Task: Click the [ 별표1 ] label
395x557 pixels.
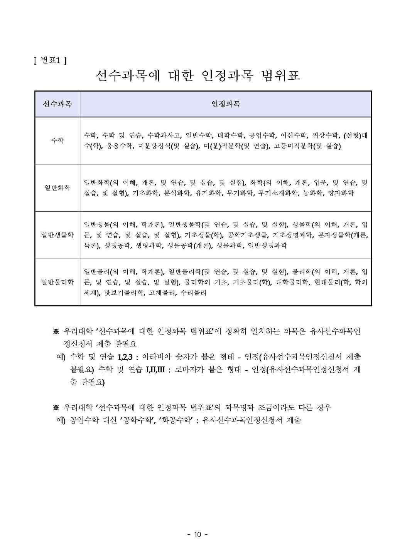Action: pos(50,60)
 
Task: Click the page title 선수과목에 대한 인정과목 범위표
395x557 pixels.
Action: pos(197,76)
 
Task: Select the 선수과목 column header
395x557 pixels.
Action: pos(57,104)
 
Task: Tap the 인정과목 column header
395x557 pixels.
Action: pos(226,104)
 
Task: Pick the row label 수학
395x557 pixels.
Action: pos(57,141)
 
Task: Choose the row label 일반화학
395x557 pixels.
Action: pos(57,188)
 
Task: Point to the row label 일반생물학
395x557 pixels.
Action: pos(57,235)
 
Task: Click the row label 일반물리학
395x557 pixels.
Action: pos(57,282)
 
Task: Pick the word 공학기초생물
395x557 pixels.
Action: pos(247,235)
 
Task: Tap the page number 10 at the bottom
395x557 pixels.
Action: pos(197,534)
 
